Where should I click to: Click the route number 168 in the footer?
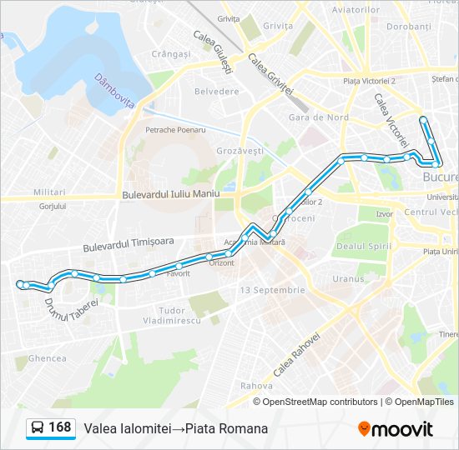(x=59, y=427)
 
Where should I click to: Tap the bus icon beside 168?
(x=38, y=428)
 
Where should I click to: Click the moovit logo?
(x=396, y=429)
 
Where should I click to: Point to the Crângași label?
(x=171, y=53)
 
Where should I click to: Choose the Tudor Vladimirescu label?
(x=172, y=315)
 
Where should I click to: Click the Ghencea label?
(x=48, y=358)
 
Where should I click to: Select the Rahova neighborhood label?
(x=256, y=386)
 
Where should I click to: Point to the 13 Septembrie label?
(x=272, y=290)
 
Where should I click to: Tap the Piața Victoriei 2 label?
(x=370, y=81)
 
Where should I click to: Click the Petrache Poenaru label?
(x=175, y=130)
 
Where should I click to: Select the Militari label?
(x=50, y=192)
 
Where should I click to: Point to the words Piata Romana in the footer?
(x=227, y=428)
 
